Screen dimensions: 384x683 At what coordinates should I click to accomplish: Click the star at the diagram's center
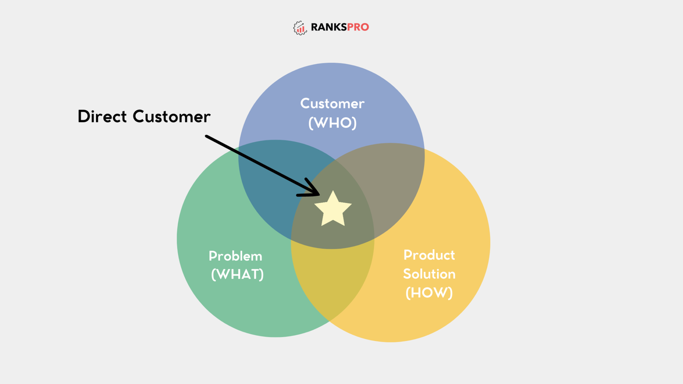(x=333, y=209)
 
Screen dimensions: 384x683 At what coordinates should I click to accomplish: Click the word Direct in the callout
(x=102, y=116)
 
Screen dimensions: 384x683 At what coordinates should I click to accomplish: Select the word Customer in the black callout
(x=171, y=116)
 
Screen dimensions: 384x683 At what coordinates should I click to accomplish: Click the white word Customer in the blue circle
(x=332, y=103)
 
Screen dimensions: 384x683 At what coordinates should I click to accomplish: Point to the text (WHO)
(x=332, y=123)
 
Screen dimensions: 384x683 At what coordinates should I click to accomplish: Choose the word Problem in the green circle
(x=235, y=256)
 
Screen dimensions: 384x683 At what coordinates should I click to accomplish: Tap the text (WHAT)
(x=237, y=274)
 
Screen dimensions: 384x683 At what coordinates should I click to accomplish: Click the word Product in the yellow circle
(x=429, y=255)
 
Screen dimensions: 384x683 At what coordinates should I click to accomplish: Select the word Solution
(x=429, y=274)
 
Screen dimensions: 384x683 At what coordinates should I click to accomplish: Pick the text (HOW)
(x=429, y=293)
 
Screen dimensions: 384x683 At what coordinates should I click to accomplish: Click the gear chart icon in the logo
(x=300, y=28)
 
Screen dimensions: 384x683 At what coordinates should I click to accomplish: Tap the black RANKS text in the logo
(x=329, y=27)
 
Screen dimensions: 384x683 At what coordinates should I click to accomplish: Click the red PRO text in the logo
(x=358, y=27)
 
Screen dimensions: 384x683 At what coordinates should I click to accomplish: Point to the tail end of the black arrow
(x=207, y=137)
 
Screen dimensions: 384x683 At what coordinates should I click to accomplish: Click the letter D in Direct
(x=84, y=116)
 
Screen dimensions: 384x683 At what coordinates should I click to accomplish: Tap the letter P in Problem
(x=212, y=256)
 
